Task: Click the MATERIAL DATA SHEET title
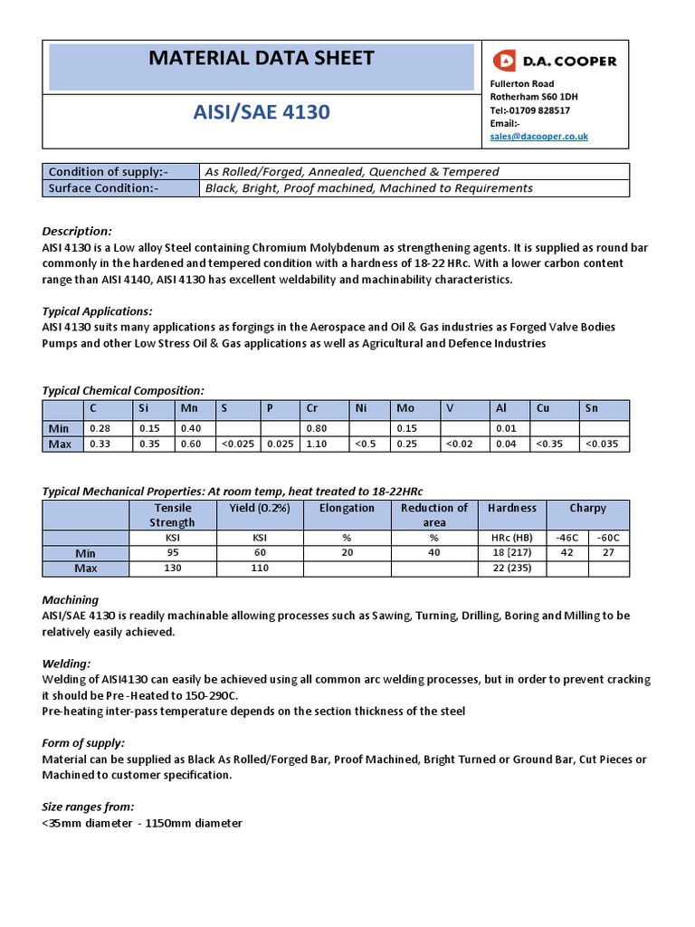261,59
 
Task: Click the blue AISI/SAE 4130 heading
262,112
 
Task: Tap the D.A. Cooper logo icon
505,61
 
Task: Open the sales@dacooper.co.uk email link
538,136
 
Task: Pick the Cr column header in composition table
312,408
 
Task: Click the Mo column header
405,408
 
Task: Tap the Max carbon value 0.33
99,444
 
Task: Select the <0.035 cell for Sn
603,444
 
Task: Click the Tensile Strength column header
172,515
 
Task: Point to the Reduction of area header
434,515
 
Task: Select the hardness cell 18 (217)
512,552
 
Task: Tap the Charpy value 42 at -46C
567,552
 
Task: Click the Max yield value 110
261,569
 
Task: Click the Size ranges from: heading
88,806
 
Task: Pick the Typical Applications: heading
97,311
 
